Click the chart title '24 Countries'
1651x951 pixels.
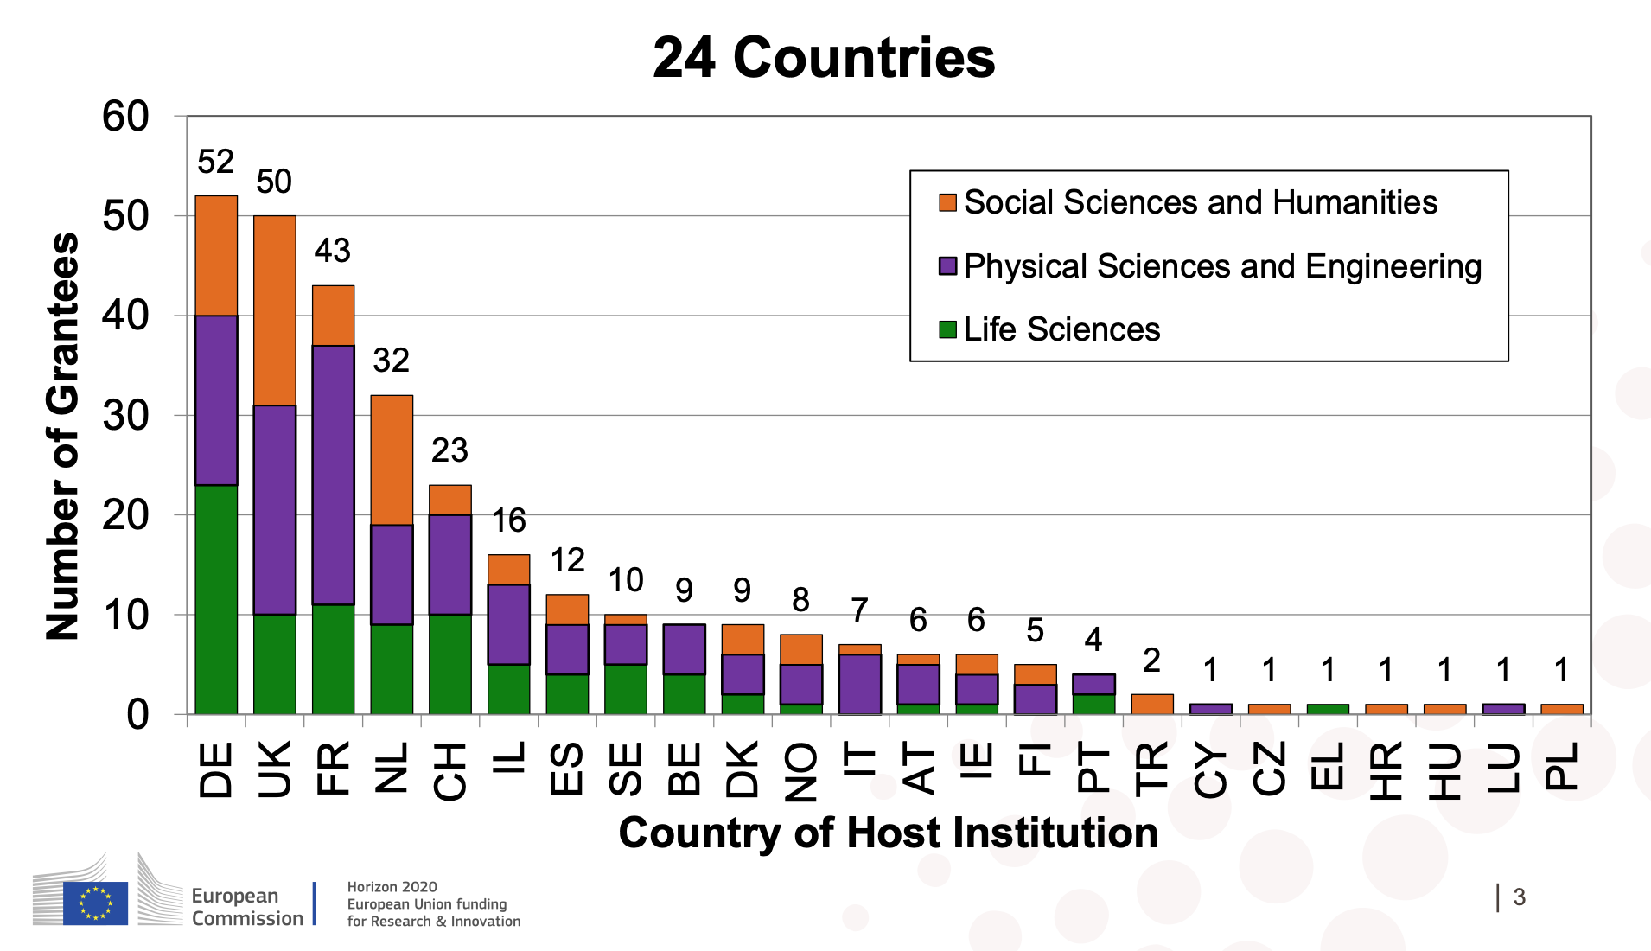point(824,58)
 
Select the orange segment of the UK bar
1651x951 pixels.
point(275,310)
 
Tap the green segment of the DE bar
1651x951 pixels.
point(216,599)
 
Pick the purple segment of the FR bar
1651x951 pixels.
point(334,475)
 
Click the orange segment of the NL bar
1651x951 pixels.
point(392,460)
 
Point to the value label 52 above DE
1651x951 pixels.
point(216,162)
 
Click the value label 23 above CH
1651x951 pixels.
point(449,450)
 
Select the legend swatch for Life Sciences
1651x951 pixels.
point(947,329)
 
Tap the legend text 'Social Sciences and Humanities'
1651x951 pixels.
point(1200,202)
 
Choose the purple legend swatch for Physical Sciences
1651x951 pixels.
point(947,266)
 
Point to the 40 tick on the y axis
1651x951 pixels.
point(125,316)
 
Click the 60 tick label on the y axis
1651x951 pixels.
point(125,117)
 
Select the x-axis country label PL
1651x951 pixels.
point(1562,766)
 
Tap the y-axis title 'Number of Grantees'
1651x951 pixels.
point(62,436)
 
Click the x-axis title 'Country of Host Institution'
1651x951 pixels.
point(888,833)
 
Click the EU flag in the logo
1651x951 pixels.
point(95,903)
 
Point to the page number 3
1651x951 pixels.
point(1519,897)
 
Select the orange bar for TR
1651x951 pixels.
point(1152,704)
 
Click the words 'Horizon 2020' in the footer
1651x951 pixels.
point(392,887)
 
